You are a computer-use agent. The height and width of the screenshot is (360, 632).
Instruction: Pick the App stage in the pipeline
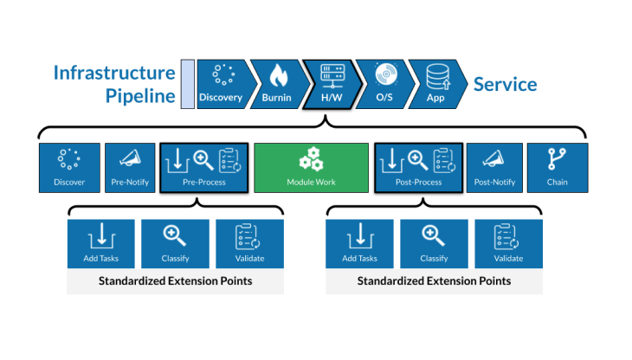pos(437,84)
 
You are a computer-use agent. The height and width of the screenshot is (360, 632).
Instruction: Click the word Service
pos(505,85)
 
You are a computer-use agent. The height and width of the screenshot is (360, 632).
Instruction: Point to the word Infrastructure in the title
pos(114,73)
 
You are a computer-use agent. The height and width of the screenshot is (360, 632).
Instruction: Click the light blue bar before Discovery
pos(187,84)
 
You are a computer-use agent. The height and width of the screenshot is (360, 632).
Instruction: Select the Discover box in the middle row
pos(69,168)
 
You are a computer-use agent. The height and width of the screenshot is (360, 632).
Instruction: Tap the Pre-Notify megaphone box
pos(130,168)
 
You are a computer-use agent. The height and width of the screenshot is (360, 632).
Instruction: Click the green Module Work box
pos(311,168)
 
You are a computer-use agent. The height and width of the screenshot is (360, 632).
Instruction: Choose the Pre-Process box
pos(204,168)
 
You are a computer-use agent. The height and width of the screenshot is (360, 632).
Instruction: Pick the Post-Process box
pos(418,168)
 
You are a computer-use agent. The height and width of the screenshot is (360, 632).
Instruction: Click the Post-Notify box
pos(494,168)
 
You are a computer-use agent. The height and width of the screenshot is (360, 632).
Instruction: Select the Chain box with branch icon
pos(558,168)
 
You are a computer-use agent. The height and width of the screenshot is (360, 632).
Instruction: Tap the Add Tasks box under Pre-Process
pos(101,244)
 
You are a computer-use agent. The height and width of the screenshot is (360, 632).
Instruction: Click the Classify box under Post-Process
pos(434,244)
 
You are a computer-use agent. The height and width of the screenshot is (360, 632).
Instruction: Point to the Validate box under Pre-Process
pos(250,244)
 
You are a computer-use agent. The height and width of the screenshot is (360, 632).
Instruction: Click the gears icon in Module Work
pos(311,159)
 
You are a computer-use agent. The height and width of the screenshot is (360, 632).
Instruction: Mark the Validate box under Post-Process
pos(509,244)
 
